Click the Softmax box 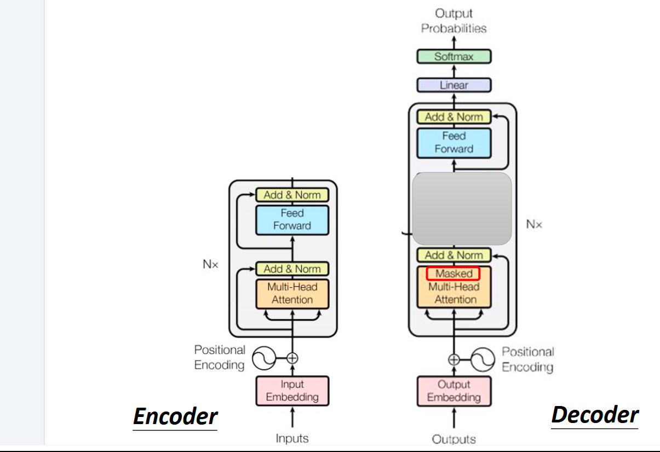[454, 56]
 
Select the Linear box [454, 85]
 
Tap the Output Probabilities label [454, 21]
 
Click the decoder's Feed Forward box [454, 142]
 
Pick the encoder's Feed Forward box [292, 219]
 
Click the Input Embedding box [292, 391]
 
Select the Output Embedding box [454, 391]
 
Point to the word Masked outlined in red [454, 274]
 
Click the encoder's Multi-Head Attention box [292, 293]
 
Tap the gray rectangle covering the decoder [462, 208]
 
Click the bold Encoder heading [175, 416]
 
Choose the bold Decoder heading [594, 415]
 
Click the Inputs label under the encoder [292, 438]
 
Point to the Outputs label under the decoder [454, 439]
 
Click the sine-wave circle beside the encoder [263, 359]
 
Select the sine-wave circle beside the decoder [483, 360]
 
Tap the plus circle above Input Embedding [292, 358]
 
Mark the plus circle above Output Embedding [454, 360]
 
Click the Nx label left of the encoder [210, 264]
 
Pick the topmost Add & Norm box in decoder [454, 117]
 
